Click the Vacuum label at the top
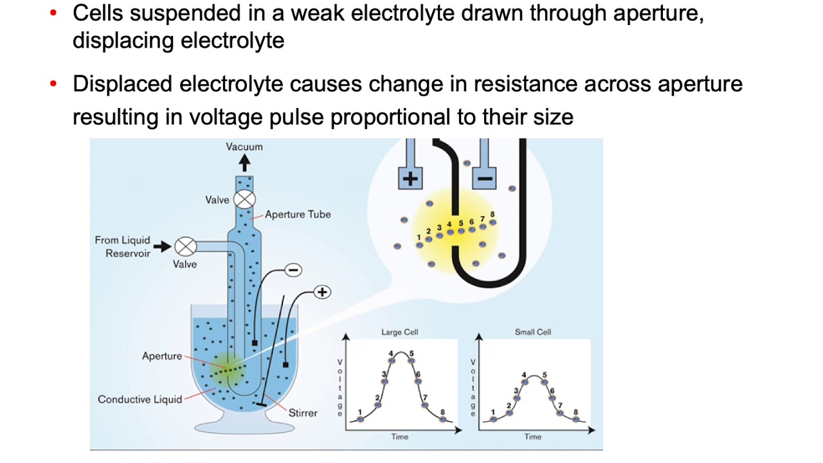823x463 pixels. (x=244, y=147)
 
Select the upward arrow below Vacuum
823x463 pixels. (x=244, y=163)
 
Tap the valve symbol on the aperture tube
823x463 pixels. (x=244, y=199)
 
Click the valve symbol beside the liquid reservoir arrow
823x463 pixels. (x=186, y=246)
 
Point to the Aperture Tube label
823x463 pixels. (x=298, y=214)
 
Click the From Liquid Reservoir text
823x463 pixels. (x=122, y=246)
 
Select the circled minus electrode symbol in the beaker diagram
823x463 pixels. (x=293, y=270)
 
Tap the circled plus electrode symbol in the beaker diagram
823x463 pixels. (x=322, y=292)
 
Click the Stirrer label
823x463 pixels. (x=303, y=413)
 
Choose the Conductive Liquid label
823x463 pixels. (x=140, y=399)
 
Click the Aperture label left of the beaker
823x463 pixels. (x=162, y=356)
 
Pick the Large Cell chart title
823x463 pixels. (x=400, y=332)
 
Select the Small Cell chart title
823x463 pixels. (x=533, y=332)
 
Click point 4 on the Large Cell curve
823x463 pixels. (x=392, y=359)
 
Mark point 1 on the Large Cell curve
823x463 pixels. (x=360, y=419)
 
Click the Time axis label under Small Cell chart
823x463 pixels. (x=533, y=437)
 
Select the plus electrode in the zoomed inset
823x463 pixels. (x=409, y=177)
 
